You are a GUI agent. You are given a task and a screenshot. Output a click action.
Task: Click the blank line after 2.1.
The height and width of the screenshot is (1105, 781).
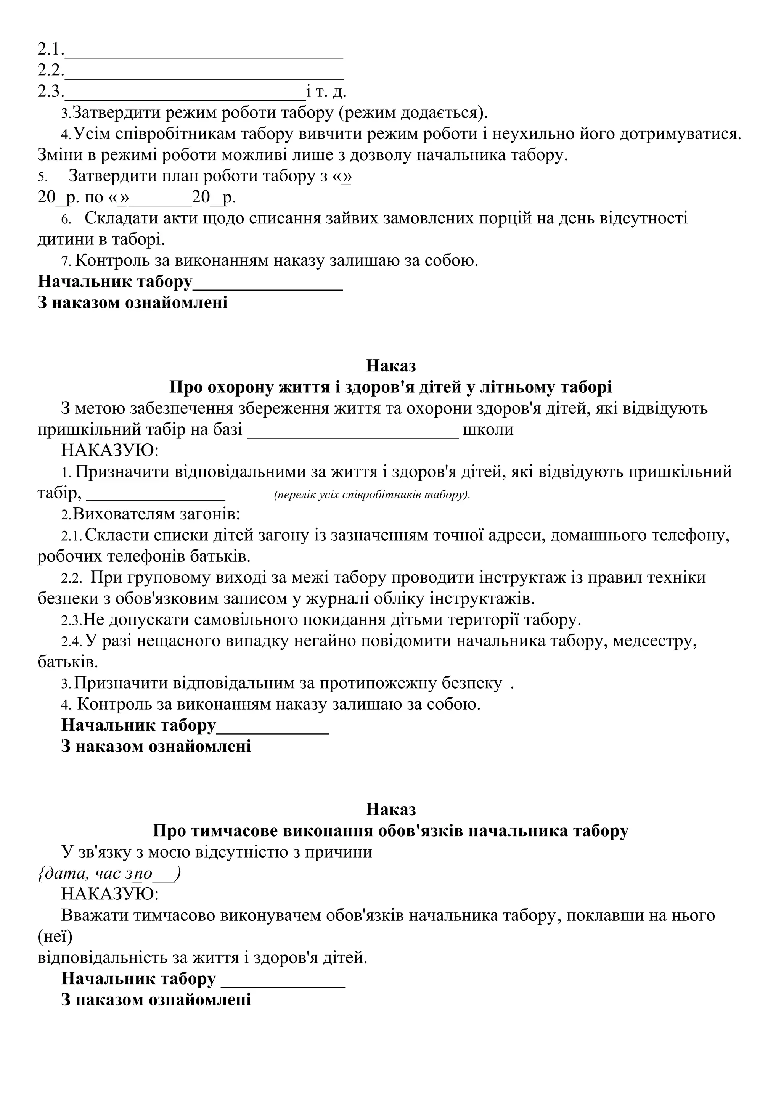[x=204, y=53]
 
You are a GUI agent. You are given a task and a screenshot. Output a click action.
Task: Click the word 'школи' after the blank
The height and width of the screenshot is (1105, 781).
[x=488, y=429]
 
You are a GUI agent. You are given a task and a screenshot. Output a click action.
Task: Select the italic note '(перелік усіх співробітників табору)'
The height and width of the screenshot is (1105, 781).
[x=371, y=495]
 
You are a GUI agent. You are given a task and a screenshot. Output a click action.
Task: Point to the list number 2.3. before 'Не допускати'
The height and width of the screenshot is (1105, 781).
[x=71, y=621]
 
